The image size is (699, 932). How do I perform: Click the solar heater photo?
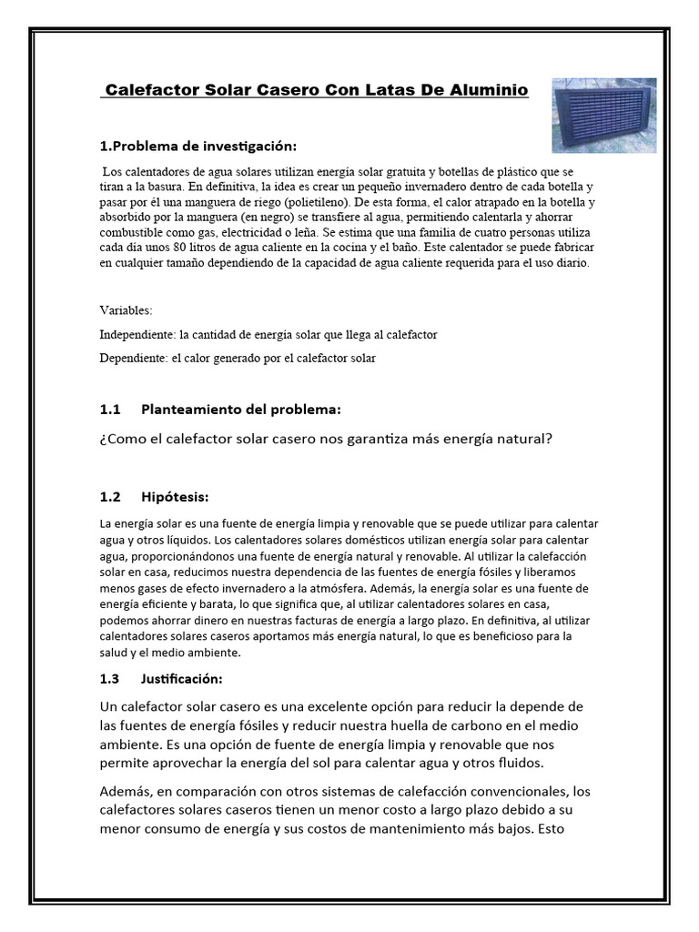point(604,115)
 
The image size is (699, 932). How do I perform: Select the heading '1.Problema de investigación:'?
point(198,146)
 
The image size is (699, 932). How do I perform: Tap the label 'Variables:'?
point(127,309)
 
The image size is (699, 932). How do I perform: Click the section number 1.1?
point(109,410)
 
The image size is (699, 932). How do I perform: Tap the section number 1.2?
point(109,497)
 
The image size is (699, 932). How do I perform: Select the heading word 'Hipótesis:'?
point(176,497)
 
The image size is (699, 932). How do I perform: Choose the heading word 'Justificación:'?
point(182,678)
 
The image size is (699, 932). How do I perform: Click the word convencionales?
point(514,790)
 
